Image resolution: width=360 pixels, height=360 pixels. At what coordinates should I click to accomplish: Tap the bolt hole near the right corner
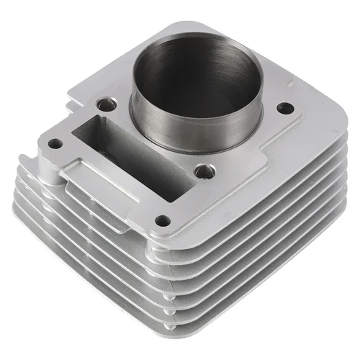point(285,108)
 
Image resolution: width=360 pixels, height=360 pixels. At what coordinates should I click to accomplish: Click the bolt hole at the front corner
point(163,221)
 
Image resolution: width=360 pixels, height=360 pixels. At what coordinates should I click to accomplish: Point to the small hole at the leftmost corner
point(55,143)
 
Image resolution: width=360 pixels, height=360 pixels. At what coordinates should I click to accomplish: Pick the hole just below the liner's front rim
point(205,171)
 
